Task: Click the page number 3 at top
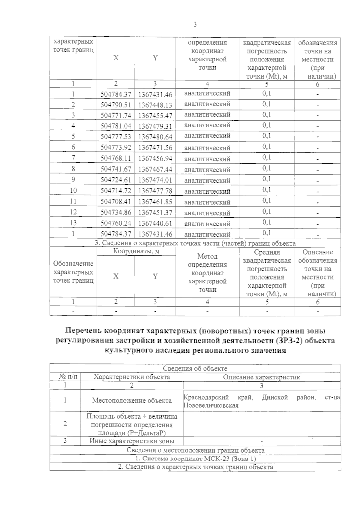195,25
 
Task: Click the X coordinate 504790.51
116,105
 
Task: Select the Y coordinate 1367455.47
155,116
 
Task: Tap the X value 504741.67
116,169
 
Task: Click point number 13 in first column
73,223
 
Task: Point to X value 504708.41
116,202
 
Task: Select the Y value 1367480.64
155,137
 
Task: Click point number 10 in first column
73,191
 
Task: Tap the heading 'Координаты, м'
136,252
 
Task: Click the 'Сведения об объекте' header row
195,369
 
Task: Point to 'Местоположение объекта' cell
132,400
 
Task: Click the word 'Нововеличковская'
211,406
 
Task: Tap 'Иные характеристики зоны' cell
132,441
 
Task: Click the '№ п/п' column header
65,377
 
